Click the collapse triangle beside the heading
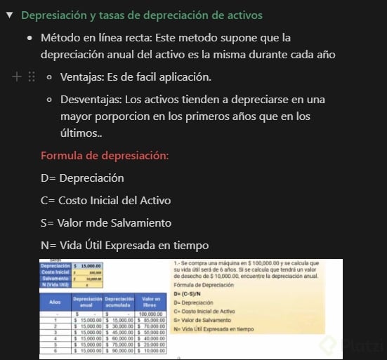(8, 15)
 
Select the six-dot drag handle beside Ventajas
(32, 76)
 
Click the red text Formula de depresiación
(105, 155)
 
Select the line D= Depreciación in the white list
(82, 178)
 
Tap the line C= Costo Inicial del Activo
(105, 200)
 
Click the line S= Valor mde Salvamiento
(106, 222)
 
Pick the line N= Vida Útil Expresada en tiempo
(124, 245)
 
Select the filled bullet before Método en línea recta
(30, 37)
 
